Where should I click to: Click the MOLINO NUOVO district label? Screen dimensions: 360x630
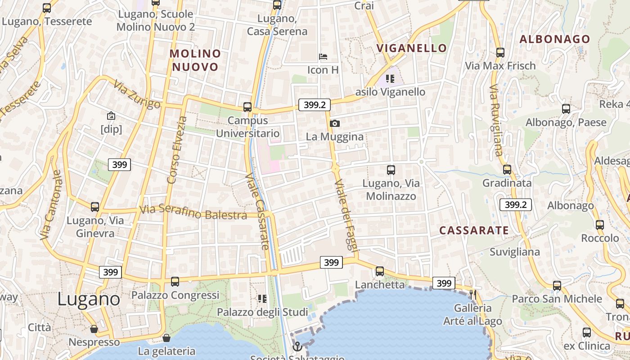pos(195,60)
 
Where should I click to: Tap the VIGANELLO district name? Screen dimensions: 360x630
pos(412,48)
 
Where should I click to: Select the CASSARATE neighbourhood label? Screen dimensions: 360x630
pos(474,230)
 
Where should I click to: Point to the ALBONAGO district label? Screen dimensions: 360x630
pos(554,39)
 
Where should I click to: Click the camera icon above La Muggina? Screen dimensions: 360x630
pos(334,123)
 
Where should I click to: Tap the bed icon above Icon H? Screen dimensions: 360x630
pos(323,57)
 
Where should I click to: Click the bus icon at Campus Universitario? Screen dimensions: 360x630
pos(247,107)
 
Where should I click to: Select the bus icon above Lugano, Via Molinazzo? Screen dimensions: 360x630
pos(391,170)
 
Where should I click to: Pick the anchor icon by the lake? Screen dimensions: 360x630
pos(297,346)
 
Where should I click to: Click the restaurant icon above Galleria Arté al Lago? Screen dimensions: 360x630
pos(473,295)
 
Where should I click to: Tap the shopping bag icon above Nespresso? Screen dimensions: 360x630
pos(94,329)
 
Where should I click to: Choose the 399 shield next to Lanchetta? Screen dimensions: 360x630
pos(444,283)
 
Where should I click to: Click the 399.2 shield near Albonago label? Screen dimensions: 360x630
pos(516,205)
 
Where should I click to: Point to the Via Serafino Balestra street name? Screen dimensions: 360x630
pos(193,212)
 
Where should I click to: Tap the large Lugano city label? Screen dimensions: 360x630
pos(89,299)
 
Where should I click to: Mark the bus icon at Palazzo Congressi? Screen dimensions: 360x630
pos(175,282)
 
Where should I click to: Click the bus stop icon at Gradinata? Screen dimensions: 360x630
pos(507,170)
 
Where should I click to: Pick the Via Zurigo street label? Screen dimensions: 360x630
pos(137,94)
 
